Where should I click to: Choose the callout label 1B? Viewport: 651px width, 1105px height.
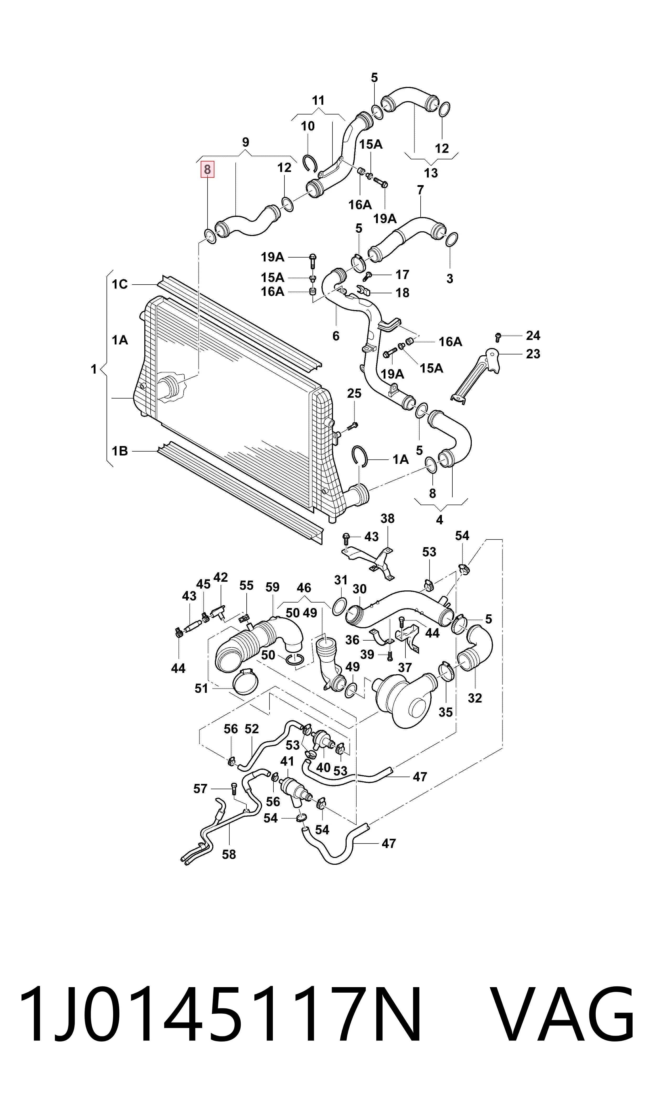pos(119,451)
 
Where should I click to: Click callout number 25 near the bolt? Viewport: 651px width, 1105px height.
pos(354,393)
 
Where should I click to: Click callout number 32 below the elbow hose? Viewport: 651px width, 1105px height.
pos(475,698)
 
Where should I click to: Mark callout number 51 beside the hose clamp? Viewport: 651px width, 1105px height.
pos(201,689)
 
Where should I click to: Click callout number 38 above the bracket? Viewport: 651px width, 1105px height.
pos(387,519)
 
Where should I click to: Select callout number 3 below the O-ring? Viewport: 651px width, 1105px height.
pos(450,279)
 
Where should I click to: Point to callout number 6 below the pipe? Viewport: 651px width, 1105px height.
pos(336,336)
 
